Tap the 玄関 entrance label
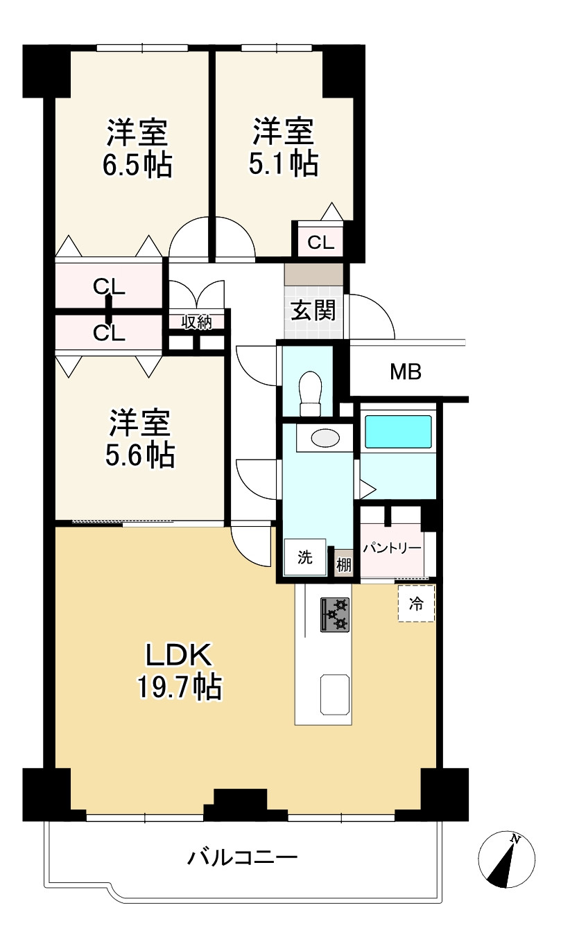point(313,311)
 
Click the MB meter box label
point(405,372)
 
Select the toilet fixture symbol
point(310,393)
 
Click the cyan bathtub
point(398,432)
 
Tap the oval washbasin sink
point(325,437)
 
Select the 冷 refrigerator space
point(416,603)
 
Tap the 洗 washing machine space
point(305,557)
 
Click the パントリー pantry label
point(392,548)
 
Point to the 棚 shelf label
point(344,565)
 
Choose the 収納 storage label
point(196,323)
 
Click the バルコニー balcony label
point(243,857)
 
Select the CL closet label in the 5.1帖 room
point(321,243)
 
